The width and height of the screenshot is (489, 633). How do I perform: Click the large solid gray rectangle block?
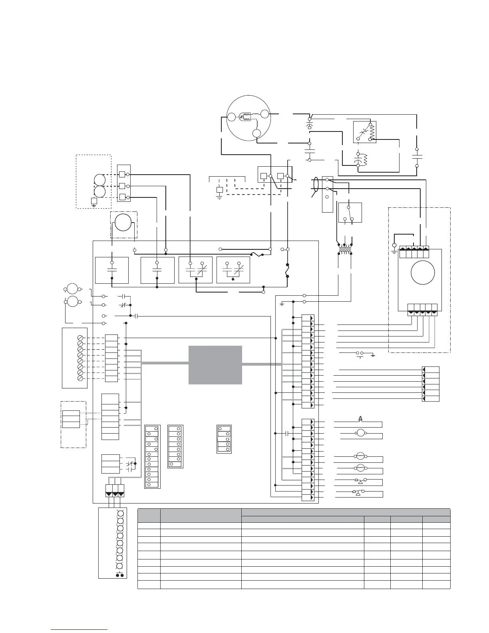click(215, 364)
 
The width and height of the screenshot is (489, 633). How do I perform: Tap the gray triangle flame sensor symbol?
click(360, 418)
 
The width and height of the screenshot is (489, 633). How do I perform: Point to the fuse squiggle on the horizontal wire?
click(256, 254)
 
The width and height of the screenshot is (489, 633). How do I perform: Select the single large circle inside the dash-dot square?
click(123, 223)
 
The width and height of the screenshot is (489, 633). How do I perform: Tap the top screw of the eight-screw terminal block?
click(80, 338)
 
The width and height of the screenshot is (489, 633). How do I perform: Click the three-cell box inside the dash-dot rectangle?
click(71, 419)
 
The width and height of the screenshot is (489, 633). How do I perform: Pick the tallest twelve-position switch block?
click(152, 456)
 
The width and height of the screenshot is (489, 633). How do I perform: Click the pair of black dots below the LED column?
click(119, 575)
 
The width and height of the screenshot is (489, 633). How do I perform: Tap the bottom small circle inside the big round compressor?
click(256, 134)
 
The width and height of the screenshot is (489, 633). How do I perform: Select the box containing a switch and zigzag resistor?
click(364, 132)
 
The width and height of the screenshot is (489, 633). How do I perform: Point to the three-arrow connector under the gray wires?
click(115, 490)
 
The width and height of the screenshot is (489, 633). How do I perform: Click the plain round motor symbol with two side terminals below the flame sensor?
click(361, 433)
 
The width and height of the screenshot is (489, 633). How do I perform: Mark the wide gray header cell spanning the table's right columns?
click(346, 512)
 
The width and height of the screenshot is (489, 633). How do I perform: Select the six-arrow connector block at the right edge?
click(431, 384)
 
